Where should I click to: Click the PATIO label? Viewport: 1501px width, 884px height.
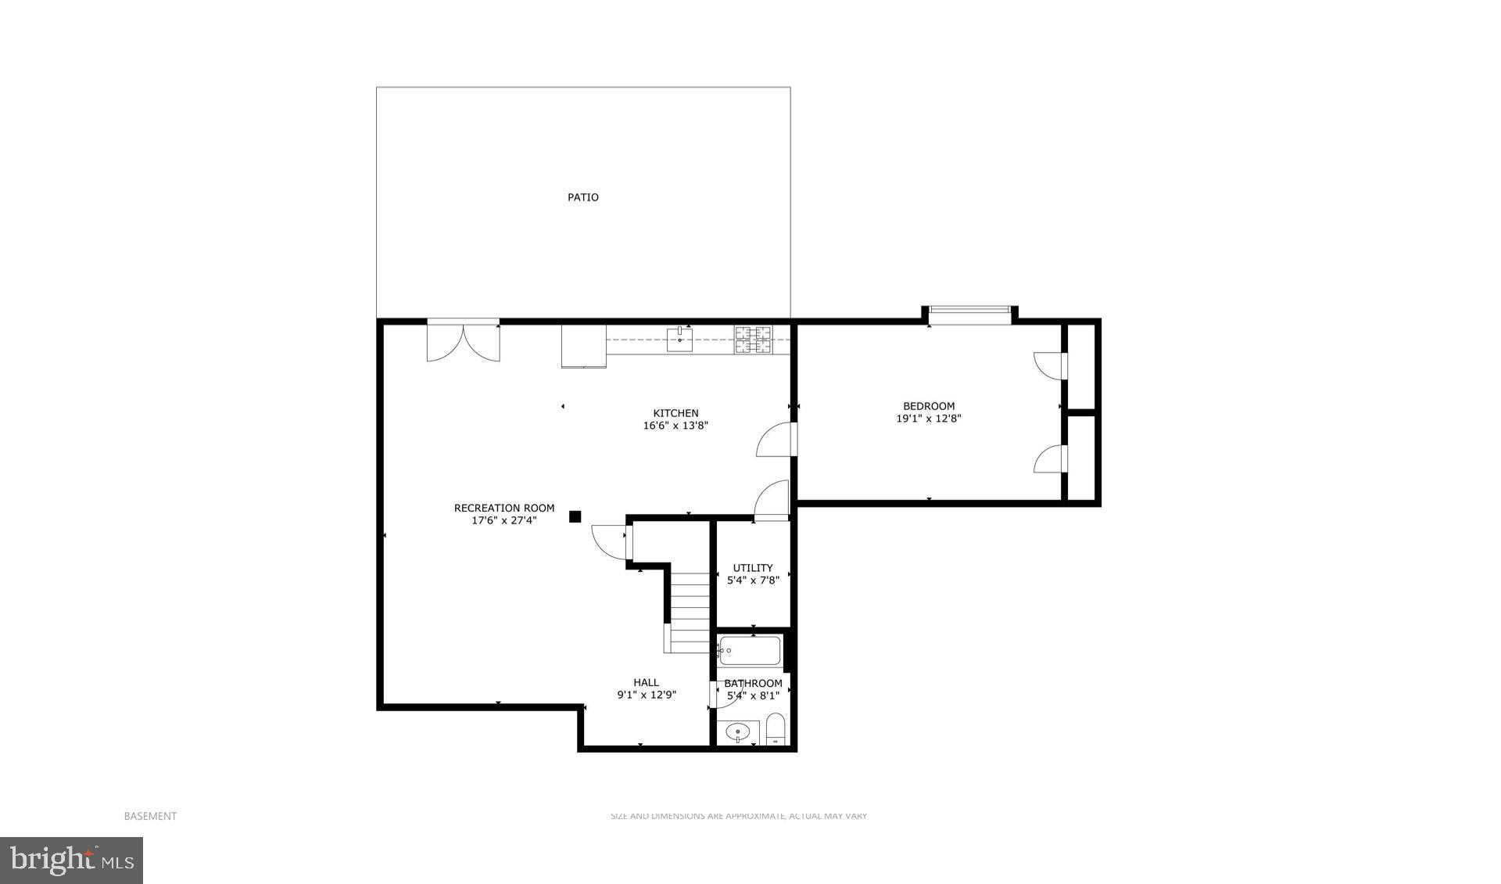[x=583, y=197]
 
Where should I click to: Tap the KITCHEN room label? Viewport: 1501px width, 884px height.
[x=675, y=413]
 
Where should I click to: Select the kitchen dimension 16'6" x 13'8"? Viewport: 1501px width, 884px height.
[x=675, y=426]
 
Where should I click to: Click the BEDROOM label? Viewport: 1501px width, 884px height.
[x=929, y=406]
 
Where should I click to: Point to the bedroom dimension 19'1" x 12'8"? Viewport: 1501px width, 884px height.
[x=929, y=419]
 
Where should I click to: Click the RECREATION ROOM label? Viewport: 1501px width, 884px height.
[x=504, y=508]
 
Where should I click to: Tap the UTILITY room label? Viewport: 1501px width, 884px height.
[x=753, y=568]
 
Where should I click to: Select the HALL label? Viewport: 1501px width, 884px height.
[x=646, y=682]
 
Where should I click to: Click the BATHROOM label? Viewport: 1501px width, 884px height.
[x=753, y=683]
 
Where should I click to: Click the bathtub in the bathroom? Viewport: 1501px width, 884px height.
[x=750, y=650]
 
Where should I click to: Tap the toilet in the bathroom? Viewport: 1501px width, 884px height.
[x=775, y=730]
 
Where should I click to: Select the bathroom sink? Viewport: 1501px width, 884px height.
[x=737, y=733]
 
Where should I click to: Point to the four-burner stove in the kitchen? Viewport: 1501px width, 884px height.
[x=752, y=340]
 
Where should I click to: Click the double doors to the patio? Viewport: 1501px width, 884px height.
[x=463, y=341]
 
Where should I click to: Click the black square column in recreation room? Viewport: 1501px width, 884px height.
[x=575, y=516]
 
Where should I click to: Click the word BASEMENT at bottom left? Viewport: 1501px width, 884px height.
[x=150, y=816]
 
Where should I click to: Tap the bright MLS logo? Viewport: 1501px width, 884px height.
[x=71, y=861]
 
